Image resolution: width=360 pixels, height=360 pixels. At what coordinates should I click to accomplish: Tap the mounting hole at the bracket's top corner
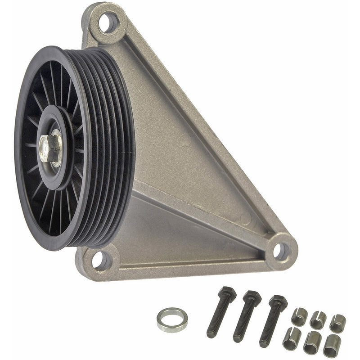108,22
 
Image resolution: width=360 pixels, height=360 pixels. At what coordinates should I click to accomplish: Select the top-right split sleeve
337,323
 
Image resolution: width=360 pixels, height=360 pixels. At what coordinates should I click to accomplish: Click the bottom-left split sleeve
291,338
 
